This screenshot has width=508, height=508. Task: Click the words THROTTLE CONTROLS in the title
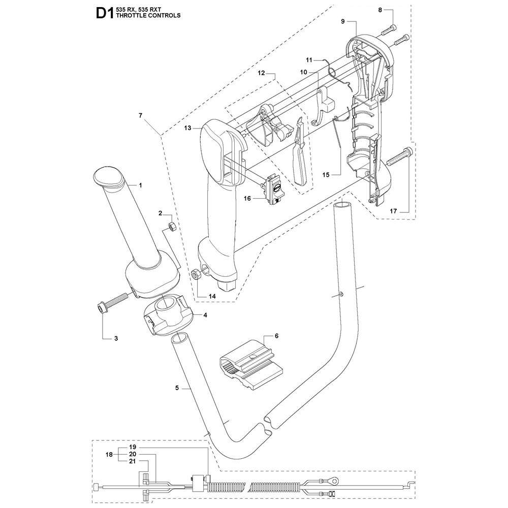(x=149, y=16)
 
